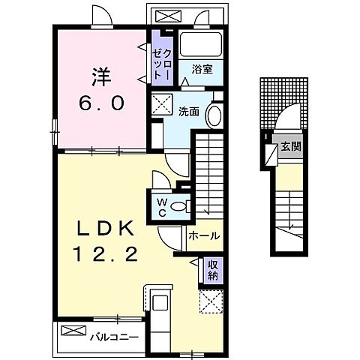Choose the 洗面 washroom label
pos(188,112)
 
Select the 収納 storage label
pos(213,269)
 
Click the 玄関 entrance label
pos(290,147)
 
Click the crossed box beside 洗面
pos(161,103)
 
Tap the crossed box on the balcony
pos(73,331)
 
